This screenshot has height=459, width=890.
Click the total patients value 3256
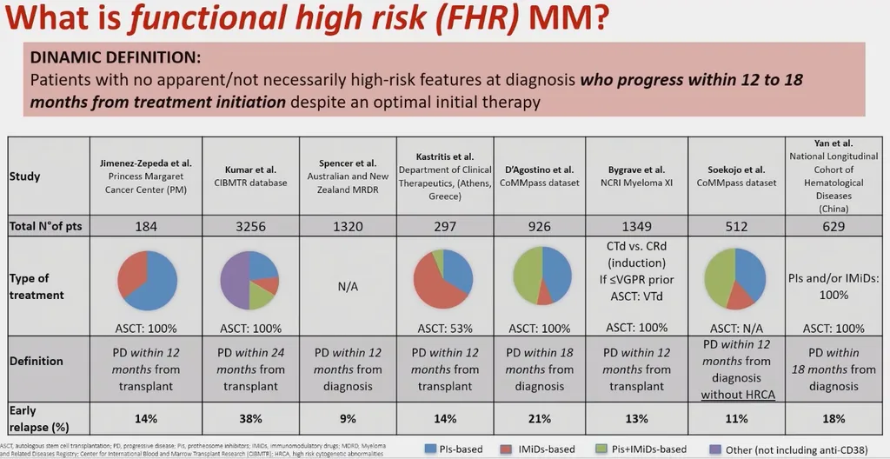251,226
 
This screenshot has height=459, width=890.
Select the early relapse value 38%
251,417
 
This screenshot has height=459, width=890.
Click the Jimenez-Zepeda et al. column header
147,163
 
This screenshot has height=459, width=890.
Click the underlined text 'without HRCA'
737,394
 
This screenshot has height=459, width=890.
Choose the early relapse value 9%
348,417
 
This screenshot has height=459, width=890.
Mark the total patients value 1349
637,226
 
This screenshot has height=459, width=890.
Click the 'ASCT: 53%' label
444,329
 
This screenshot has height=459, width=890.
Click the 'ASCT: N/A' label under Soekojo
737,329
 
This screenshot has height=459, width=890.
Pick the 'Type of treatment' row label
37,286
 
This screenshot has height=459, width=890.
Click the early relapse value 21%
540,417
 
